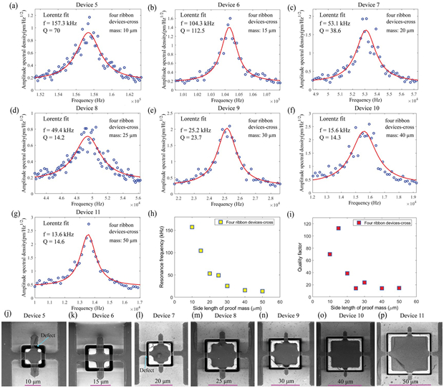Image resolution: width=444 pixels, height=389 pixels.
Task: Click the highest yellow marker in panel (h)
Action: coord(191,228)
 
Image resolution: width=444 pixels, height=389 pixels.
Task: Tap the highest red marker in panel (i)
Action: coord(338,228)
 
